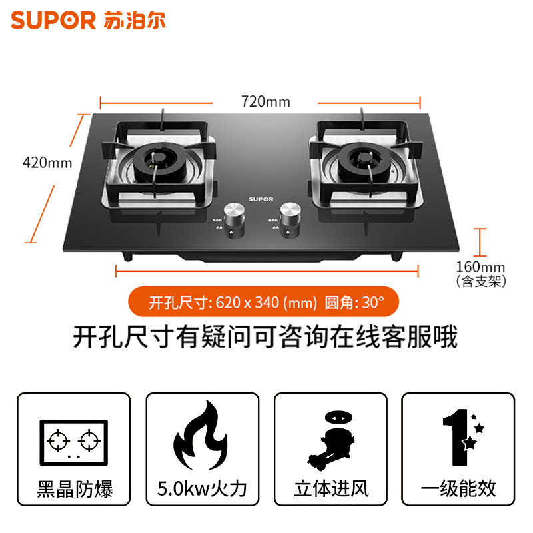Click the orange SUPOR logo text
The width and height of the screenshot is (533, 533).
[53, 20]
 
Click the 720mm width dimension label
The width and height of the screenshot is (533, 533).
[265, 101]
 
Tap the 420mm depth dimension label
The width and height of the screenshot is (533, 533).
[47, 161]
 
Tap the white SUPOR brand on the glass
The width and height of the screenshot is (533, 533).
[261, 198]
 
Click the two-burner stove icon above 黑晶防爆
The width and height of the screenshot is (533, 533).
[73, 440]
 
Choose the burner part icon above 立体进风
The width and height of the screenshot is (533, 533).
[330, 437]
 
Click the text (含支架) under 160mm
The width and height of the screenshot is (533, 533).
[481, 282]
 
